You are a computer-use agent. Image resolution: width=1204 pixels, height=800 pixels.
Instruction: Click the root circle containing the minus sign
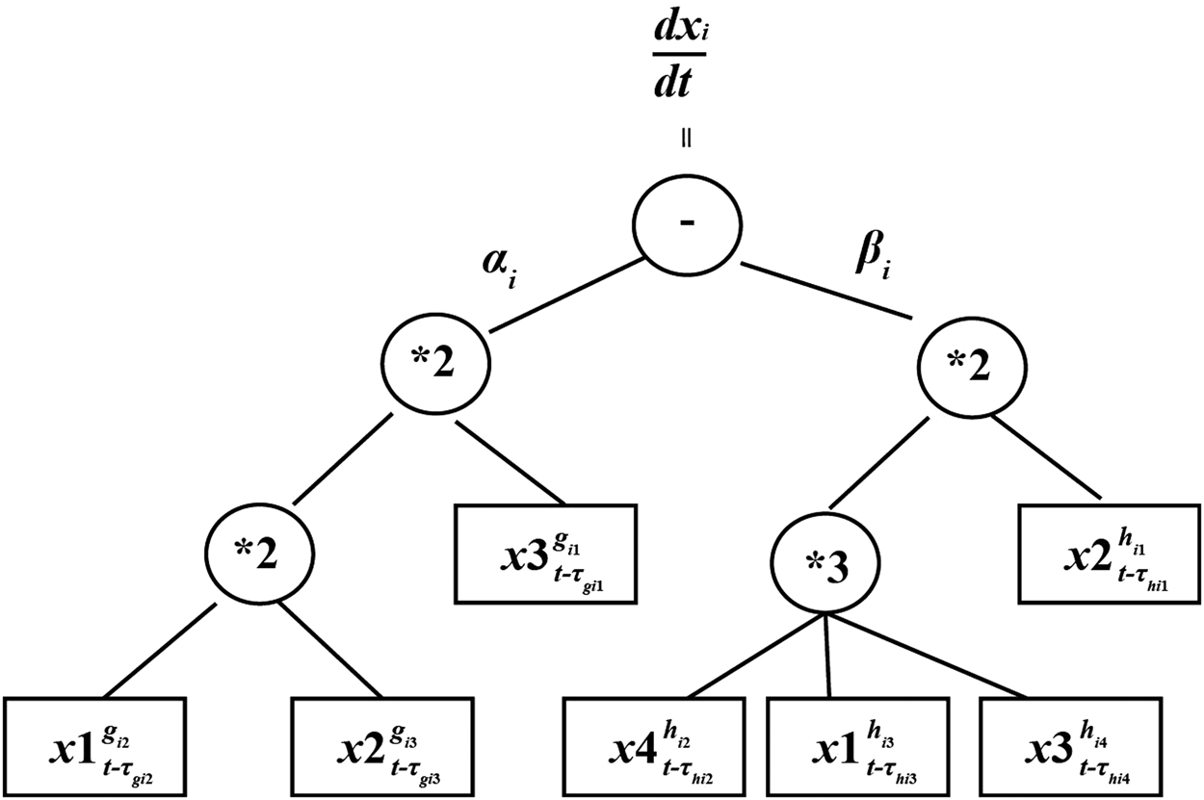click(687, 222)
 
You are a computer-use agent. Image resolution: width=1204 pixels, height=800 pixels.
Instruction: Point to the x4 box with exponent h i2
click(654, 747)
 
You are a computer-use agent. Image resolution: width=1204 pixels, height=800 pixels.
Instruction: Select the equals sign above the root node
click(686, 138)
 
